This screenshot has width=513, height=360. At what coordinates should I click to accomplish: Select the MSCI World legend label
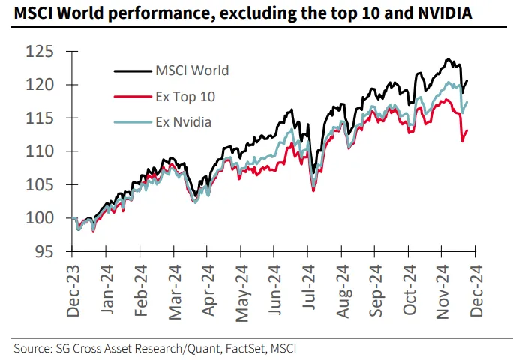click(192, 70)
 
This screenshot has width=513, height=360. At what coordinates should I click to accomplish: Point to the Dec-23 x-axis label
click(73, 289)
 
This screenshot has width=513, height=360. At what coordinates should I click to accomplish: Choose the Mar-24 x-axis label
click(175, 289)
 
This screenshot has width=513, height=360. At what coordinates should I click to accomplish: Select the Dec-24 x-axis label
click(475, 289)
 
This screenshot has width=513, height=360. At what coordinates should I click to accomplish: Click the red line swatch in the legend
click(131, 97)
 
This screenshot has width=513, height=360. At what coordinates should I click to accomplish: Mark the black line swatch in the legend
click(131, 71)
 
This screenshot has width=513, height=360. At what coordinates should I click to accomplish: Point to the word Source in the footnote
click(32, 349)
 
